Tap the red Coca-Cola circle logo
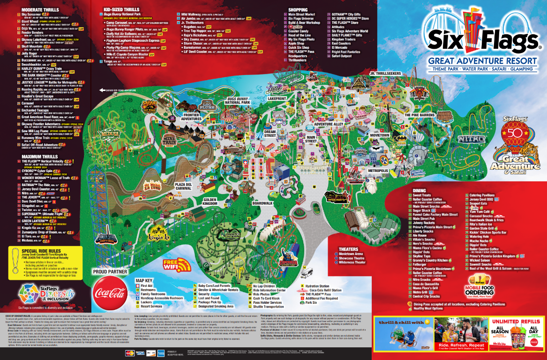coord(110,292)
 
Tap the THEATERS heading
coord(345,248)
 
